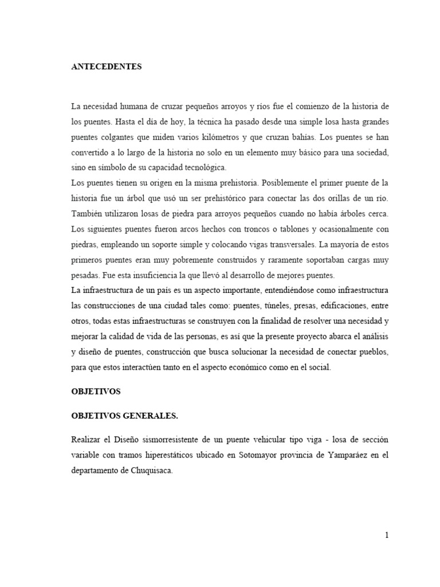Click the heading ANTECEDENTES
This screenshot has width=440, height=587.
point(106,67)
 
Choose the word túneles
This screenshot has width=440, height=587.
point(277,306)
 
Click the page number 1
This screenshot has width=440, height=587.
point(387,535)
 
